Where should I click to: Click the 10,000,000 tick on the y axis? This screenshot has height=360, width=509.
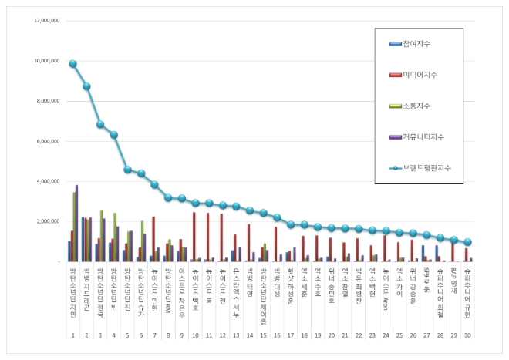tap(46, 61)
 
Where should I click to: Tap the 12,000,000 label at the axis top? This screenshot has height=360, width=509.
tap(46, 21)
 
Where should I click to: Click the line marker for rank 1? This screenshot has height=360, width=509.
tap(72, 64)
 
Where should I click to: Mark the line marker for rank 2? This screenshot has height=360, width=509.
tap(86, 86)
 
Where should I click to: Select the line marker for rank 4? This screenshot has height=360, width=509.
tap(114, 135)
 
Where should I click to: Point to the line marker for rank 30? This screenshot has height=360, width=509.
tap(467, 241)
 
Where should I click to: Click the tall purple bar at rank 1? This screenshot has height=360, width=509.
tap(76, 224)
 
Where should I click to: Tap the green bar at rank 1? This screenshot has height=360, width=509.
tap(74, 227)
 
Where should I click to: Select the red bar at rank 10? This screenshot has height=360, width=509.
tap(194, 237)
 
